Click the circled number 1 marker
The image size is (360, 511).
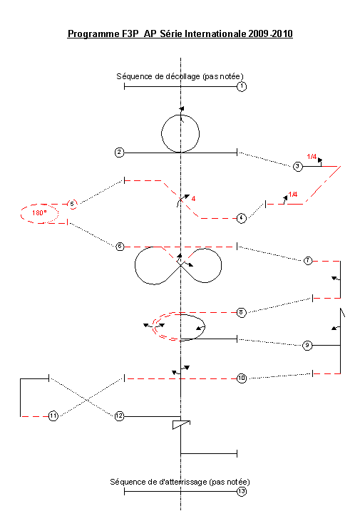tap(241, 86)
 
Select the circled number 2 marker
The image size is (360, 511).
tap(120, 153)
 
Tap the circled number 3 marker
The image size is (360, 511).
tap(298, 167)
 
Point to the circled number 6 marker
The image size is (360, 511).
tap(120, 247)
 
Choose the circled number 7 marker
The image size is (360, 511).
tap(308, 261)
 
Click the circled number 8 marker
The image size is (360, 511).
tap(241, 313)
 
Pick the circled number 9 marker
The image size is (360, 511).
tap(307, 346)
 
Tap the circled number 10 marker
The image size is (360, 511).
tap(241, 378)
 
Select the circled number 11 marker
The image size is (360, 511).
tap(53, 416)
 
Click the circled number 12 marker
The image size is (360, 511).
tap(120, 416)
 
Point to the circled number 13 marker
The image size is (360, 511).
tap(241, 492)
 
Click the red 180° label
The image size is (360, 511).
tap(39, 213)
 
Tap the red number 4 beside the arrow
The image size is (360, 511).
tap(193, 198)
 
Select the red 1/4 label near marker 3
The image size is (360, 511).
tap(312, 157)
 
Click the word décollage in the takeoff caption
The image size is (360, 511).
tap(182, 76)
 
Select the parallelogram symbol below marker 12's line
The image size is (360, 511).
tap(181, 425)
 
